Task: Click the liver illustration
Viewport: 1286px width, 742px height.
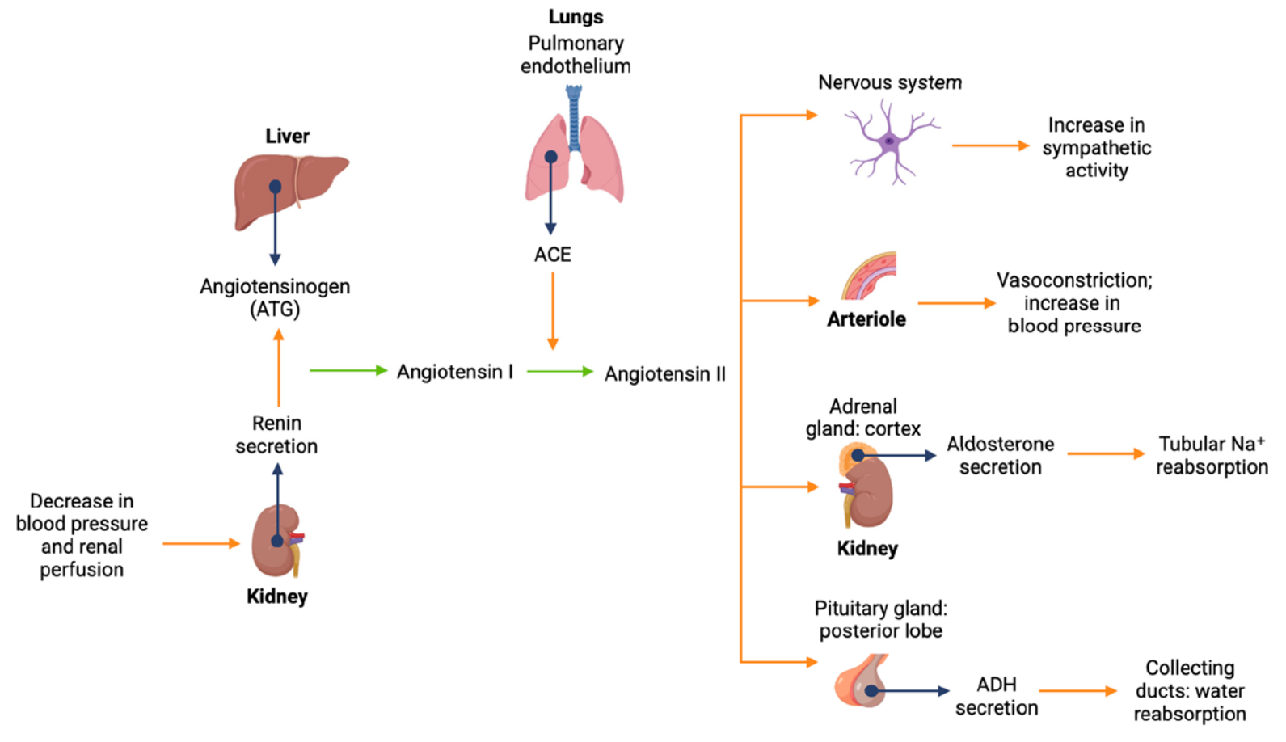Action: click(x=291, y=191)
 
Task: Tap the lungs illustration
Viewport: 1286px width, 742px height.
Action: click(x=575, y=158)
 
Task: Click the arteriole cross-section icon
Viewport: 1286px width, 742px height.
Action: click(x=870, y=277)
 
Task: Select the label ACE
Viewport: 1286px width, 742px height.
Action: click(x=553, y=255)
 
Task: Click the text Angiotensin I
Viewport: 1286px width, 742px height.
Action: click(x=454, y=372)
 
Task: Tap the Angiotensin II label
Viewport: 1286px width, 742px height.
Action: click(x=665, y=374)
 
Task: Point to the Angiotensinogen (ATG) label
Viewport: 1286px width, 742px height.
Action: click(x=275, y=297)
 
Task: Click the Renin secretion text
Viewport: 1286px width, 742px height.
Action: click(x=276, y=435)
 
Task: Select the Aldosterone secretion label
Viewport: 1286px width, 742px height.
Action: click(x=1000, y=455)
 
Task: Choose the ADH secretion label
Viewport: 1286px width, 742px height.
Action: click(x=997, y=696)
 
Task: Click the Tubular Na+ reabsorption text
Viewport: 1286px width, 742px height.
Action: click(x=1211, y=455)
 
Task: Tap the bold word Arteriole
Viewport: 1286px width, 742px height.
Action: click(x=866, y=319)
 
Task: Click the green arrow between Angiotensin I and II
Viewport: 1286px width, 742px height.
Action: click(x=559, y=371)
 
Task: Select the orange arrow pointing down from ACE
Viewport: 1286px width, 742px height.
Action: click(x=553, y=310)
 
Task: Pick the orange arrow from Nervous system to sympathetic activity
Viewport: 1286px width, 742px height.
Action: click(x=990, y=145)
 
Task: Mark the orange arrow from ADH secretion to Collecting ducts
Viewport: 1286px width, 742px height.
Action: click(x=1077, y=691)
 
